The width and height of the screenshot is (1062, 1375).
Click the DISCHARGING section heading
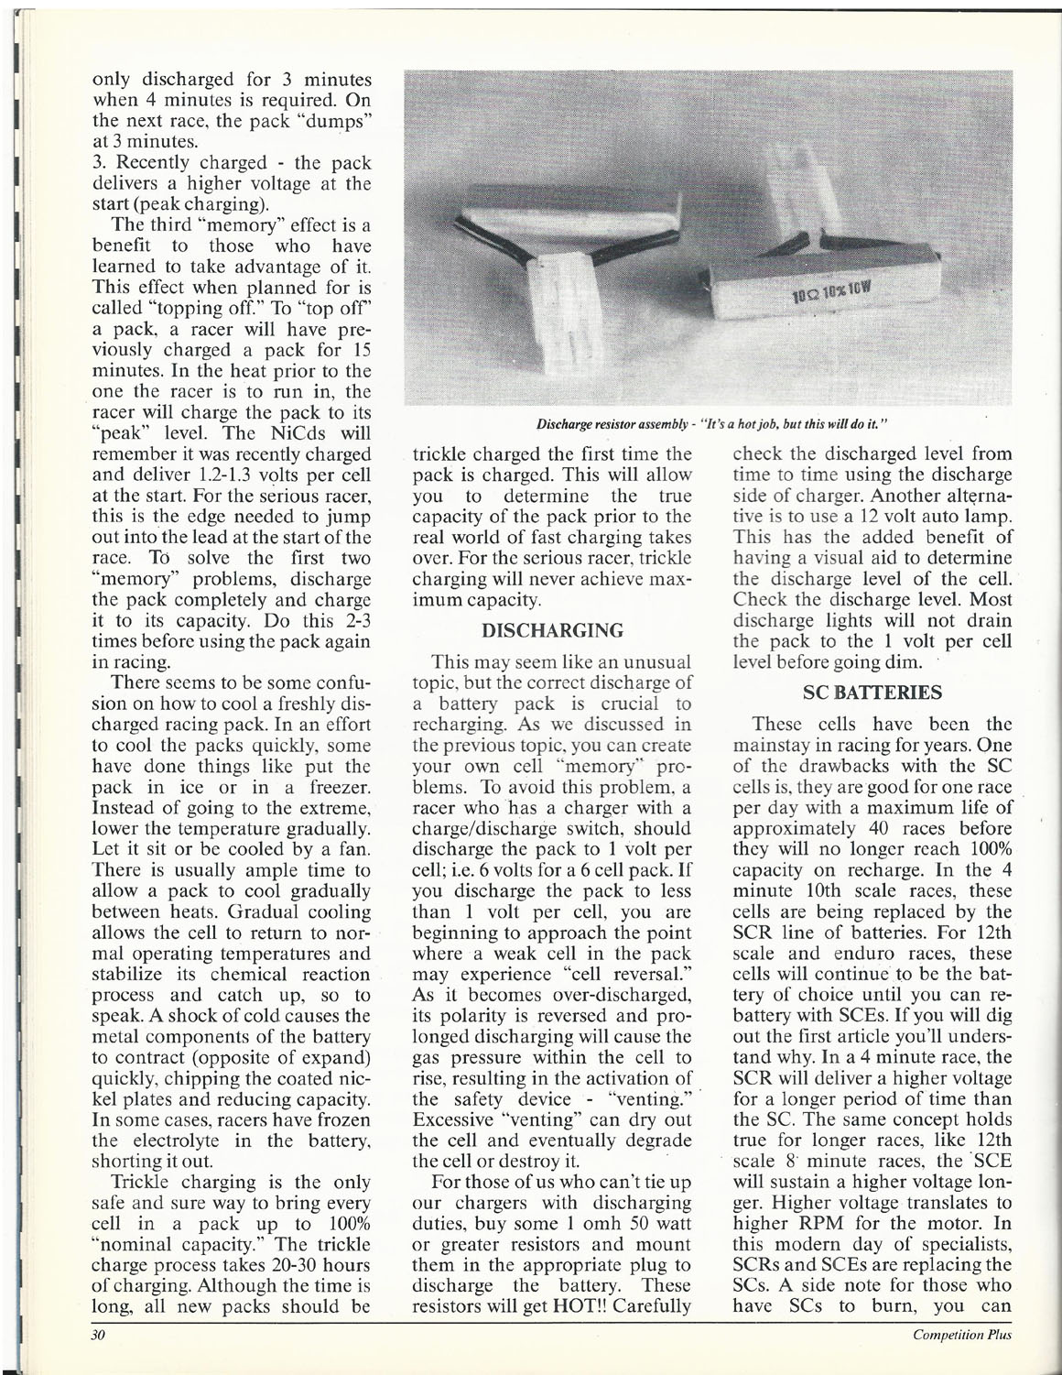[552, 631]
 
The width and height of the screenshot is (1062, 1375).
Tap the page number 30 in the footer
[99, 1335]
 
